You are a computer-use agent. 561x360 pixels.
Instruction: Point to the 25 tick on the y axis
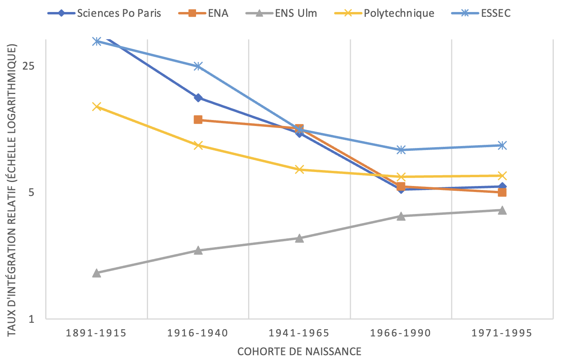pyautogui.click(x=28, y=66)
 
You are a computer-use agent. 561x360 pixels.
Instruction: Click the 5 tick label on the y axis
pyautogui.click(x=32, y=192)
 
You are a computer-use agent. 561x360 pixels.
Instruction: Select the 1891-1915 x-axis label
pyautogui.click(x=96, y=333)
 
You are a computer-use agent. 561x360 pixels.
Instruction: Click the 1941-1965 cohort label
pyautogui.click(x=299, y=333)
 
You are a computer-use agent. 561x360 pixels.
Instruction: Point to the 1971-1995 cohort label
pyautogui.click(x=502, y=333)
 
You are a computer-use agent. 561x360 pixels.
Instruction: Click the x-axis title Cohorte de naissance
pyautogui.click(x=299, y=352)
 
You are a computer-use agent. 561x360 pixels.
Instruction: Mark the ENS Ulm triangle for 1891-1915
pyautogui.click(x=96, y=273)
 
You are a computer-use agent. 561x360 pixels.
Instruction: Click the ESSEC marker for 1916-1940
pyautogui.click(x=198, y=66)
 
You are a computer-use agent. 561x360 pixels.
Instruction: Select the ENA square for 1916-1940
pyautogui.click(x=198, y=120)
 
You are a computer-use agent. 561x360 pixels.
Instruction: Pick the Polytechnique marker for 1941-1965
pyautogui.click(x=299, y=170)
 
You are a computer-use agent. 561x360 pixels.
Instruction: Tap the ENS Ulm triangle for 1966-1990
pyautogui.click(x=401, y=216)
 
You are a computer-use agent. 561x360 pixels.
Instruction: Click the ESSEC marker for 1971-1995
pyautogui.click(x=502, y=145)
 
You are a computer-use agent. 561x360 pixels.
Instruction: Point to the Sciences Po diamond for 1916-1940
pyautogui.click(x=198, y=98)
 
